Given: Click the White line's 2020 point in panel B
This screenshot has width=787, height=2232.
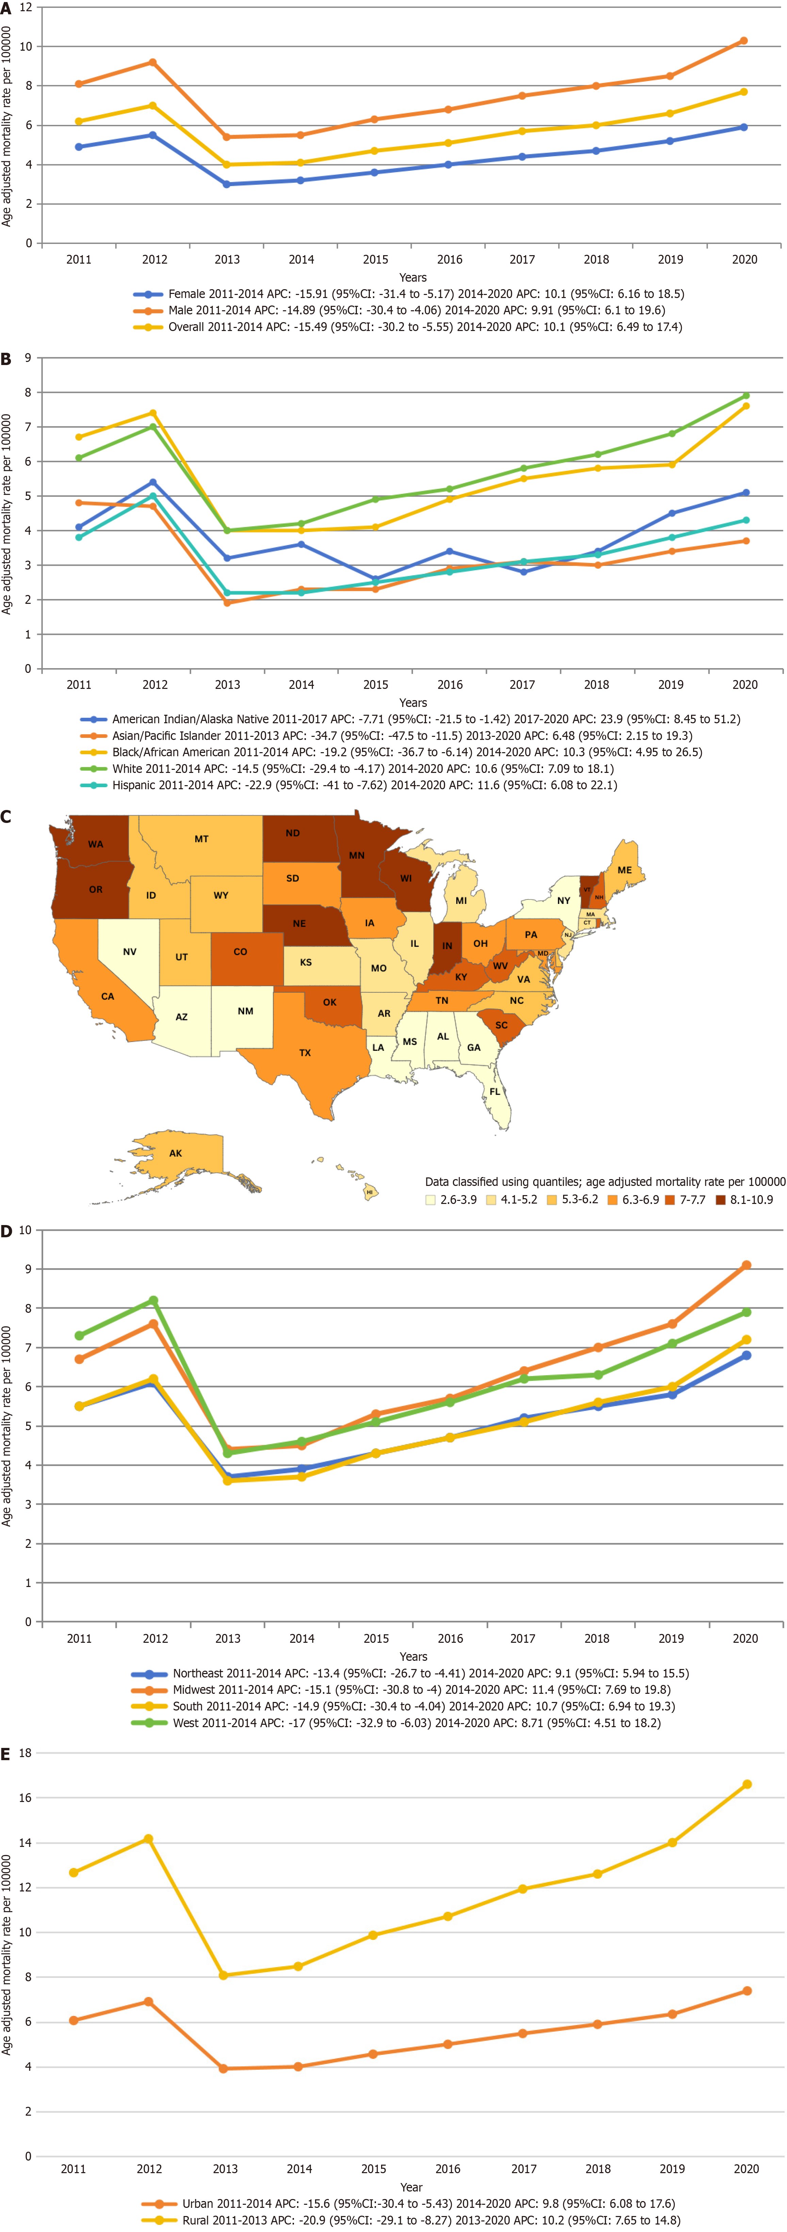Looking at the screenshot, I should (745, 396).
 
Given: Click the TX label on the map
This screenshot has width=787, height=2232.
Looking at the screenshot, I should (305, 1053).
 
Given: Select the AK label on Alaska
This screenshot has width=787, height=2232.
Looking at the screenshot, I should (176, 1153).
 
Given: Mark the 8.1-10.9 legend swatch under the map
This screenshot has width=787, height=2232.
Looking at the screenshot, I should (721, 1200).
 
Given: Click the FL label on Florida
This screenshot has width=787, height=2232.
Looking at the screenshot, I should (495, 1092).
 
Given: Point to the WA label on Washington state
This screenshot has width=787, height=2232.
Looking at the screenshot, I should (95, 844).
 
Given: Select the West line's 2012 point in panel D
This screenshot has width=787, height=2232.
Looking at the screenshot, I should (153, 1301).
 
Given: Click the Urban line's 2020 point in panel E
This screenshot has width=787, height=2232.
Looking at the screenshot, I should (746, 1991).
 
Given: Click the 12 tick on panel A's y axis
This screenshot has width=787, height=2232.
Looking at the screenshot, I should (26, 7).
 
